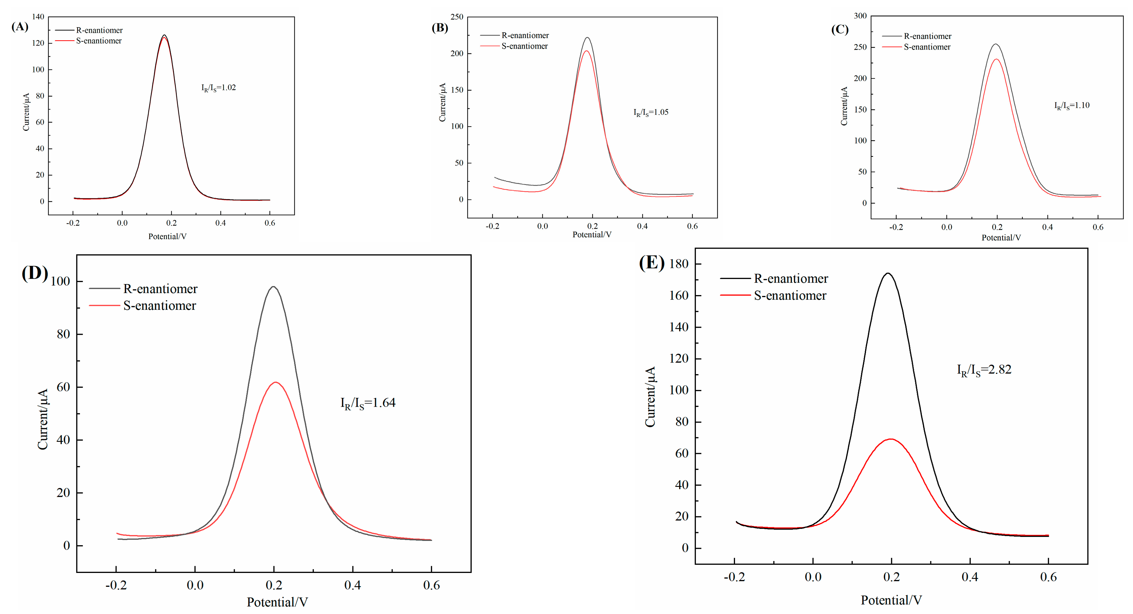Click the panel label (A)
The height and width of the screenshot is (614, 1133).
(20, 27)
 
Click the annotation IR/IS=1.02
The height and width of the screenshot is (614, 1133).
(219, 88)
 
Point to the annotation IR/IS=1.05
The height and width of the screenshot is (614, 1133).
(651, 112)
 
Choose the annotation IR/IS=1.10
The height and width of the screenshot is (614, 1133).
(1071, 105)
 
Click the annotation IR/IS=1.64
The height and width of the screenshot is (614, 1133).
(368, 403)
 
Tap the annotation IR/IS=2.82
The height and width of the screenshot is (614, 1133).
(984, 370)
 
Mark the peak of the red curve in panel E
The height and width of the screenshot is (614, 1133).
(891, 439)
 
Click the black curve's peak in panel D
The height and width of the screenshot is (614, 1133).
(274, 287)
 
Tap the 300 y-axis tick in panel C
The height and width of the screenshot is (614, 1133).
(860, 16)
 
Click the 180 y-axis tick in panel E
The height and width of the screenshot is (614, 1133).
(678, 264)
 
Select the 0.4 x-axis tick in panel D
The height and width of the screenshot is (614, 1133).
(352, 585)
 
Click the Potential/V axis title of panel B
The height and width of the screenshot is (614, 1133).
(592, 235)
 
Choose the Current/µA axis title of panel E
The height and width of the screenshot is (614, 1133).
(650, 396)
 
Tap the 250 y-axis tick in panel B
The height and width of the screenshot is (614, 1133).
(457, 17)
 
